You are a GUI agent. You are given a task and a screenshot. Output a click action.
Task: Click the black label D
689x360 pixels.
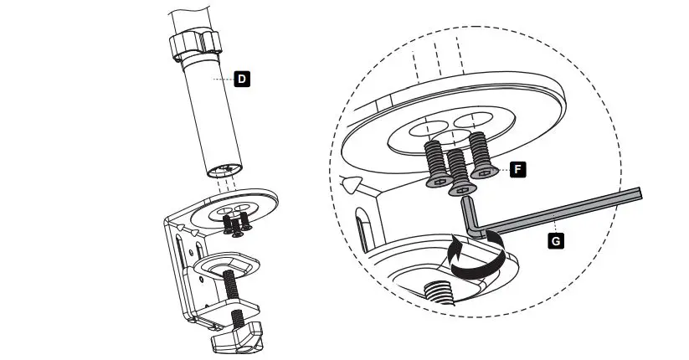point(241,79)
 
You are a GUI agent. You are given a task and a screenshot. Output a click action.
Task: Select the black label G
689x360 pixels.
point(553,240)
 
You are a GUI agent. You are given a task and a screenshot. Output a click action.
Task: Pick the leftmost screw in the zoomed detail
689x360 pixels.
point(436,162)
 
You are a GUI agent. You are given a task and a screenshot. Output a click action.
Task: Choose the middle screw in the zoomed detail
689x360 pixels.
point(458,171)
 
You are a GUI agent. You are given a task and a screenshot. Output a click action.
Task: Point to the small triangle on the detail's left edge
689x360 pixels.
point(352,182)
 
